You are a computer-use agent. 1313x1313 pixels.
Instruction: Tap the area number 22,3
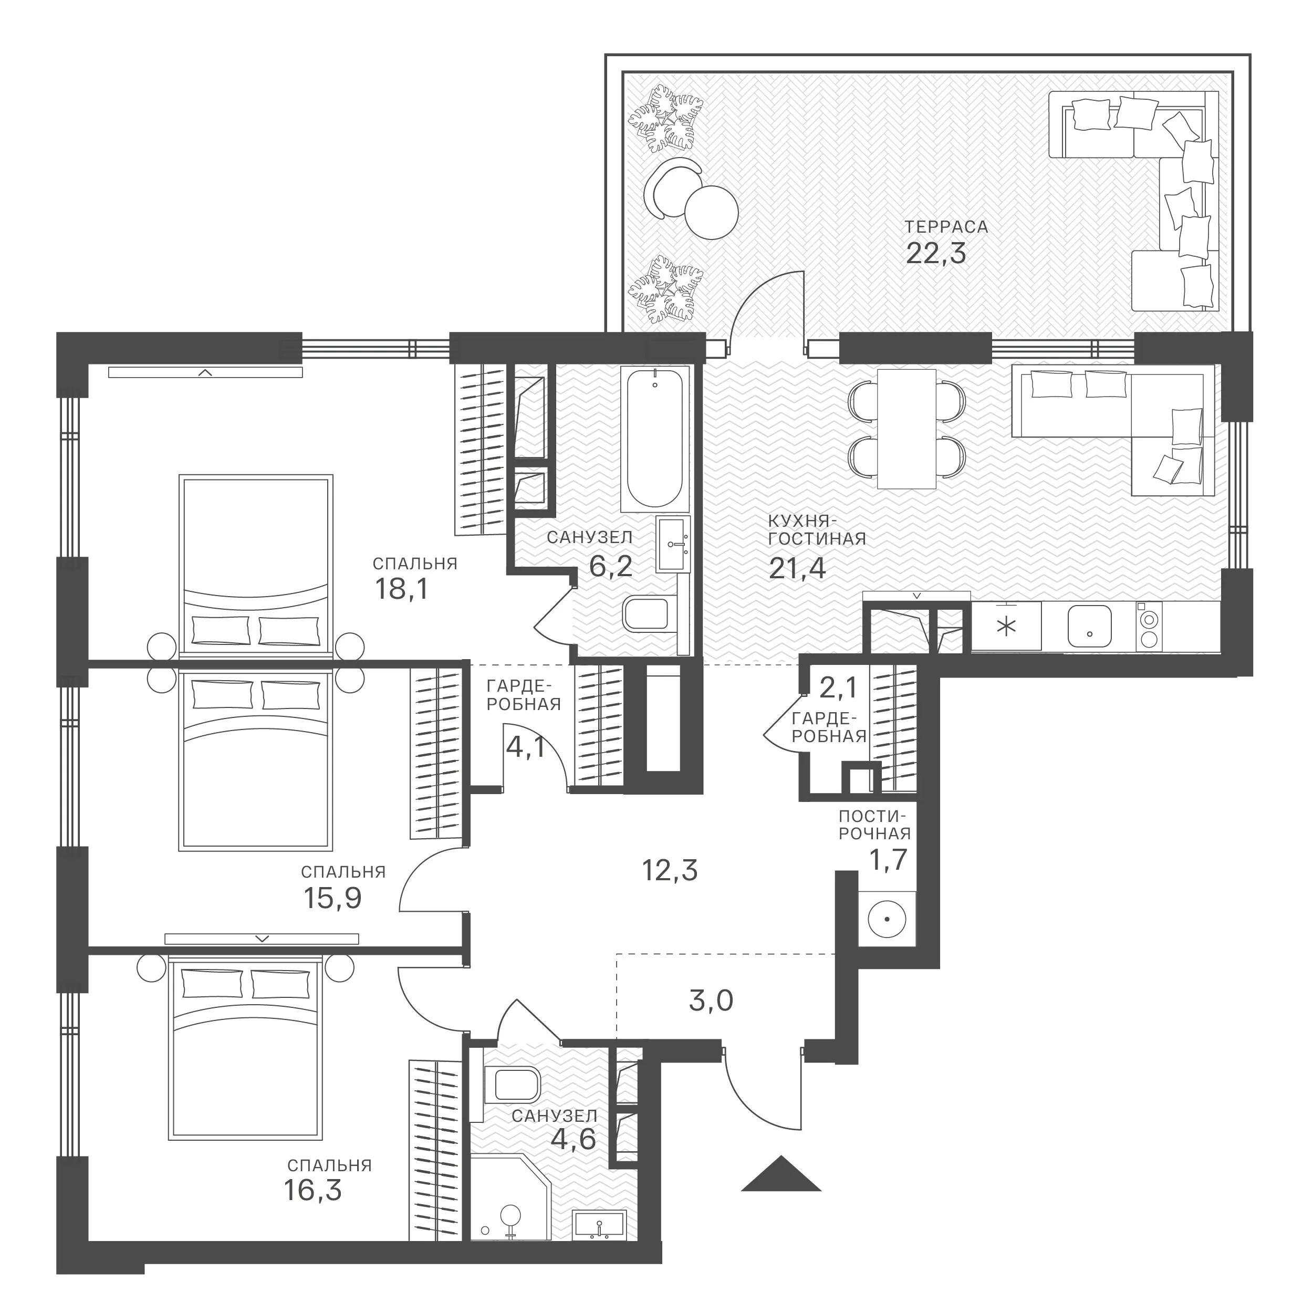(935, 254)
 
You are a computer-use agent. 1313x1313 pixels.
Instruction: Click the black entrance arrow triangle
(781, 1174)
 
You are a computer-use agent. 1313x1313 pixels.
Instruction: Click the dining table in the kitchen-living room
(906, 429)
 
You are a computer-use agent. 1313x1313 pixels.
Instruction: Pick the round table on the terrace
(712, 212)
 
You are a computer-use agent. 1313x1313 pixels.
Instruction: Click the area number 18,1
(402, 589)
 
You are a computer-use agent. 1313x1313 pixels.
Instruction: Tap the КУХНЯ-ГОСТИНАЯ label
(817, 530)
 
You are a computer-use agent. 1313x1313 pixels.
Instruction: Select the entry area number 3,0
(711, 1001)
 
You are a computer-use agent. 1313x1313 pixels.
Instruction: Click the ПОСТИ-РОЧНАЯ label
(874, 825)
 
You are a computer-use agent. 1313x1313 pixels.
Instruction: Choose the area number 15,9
(332, 899)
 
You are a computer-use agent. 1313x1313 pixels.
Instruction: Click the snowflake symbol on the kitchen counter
(1006, 627)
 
